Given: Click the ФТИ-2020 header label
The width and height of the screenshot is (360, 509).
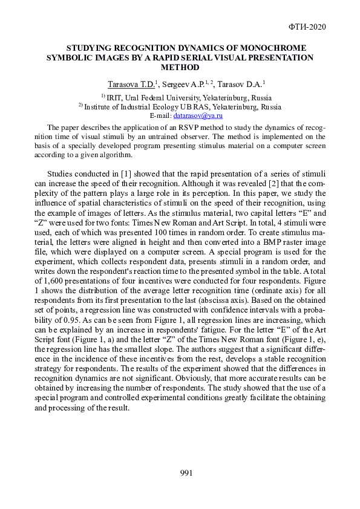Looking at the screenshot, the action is (309, 27).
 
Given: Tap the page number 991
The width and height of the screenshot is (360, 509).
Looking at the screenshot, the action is (187, 472).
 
